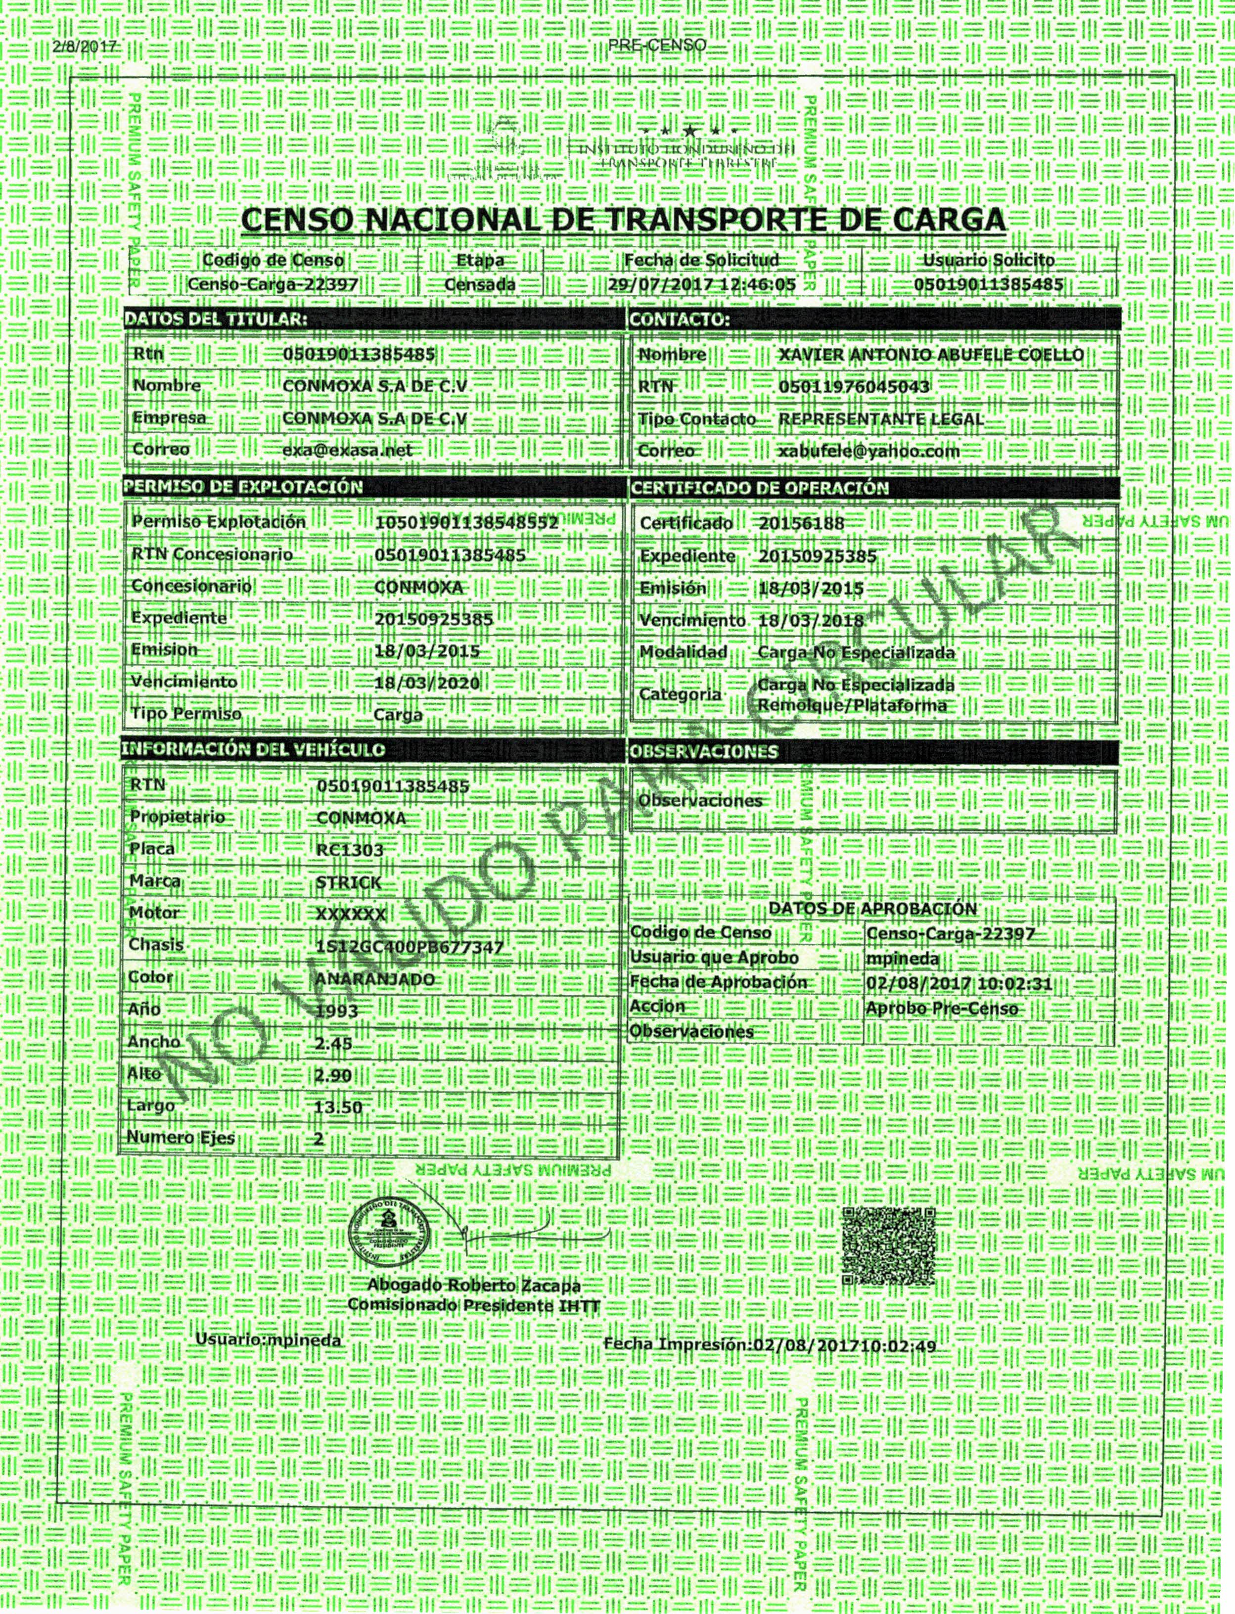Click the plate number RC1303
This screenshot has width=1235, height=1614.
tap(350, 850)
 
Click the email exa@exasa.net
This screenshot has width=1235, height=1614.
tap(348, 450)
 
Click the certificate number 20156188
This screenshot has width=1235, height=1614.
tap(801, 523)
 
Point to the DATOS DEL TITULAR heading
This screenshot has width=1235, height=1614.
tap(215, 319)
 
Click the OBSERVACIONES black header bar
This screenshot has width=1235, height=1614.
tap(873, 752)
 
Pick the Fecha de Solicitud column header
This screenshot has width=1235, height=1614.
tap(701, 260)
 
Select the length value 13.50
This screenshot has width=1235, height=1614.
tap(338, 1107)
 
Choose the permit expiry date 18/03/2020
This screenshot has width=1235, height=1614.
tap(426, 683)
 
